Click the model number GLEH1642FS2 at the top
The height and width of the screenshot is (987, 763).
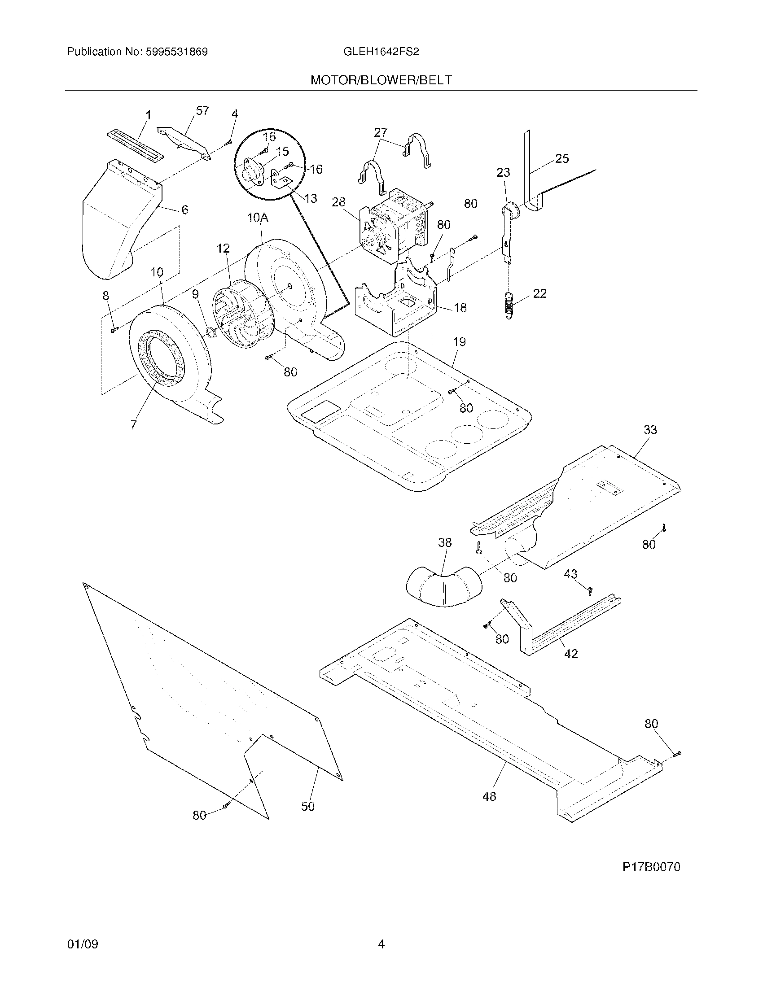pyautogui.click(x=381, y=52)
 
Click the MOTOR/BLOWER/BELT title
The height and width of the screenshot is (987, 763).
pyautogui.click(x=381, y=80)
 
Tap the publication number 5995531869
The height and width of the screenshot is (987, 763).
pyautogui.click(x=176, y=52)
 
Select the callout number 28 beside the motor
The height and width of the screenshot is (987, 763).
pyautogui.click(x=338, y=202)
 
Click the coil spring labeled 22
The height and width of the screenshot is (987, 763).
pyautogui.click(x=509, y=306)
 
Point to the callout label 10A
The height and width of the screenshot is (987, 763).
pyautogui.click(x=258, y=218)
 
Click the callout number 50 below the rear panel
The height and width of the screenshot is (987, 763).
pyautogui.click(x=307, y=819)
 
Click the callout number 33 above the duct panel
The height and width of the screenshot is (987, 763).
pyautogui.click(x=650, y=430)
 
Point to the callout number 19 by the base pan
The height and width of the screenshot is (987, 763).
pyautogui.click(x=459, y=342)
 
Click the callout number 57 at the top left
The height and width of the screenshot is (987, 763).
pyautogui.click(x=202, y=111)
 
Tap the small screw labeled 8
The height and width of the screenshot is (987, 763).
pyautogui.click(x=114, y=331)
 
